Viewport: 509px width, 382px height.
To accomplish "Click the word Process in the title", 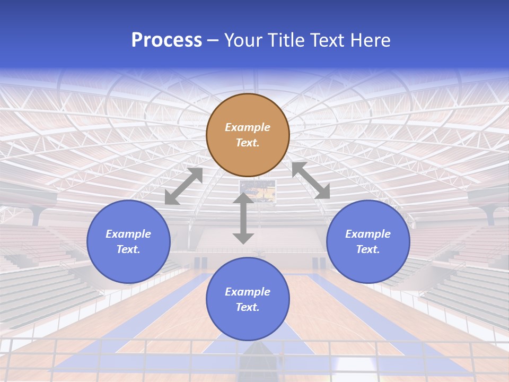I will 166,40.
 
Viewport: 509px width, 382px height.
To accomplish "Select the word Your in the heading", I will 244,40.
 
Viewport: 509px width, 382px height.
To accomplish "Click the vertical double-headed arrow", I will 243,218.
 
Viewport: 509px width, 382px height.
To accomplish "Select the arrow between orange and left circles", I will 183,186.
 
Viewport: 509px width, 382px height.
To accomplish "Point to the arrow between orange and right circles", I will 311,180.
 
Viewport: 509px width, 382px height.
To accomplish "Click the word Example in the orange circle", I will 248,127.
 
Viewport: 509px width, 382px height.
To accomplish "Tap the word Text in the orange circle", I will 247,143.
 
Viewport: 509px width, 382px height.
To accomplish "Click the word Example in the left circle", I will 128,234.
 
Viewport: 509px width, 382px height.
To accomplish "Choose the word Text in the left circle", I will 128,249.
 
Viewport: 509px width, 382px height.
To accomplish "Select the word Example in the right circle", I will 368,234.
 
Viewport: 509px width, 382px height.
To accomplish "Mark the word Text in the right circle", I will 367,249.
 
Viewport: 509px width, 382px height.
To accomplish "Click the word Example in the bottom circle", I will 248,292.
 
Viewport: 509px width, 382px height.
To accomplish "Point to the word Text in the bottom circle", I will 247,307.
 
